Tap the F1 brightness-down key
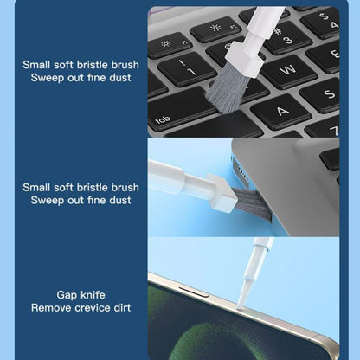coord(165,42)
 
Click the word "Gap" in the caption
coord(69,295)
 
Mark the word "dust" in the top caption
coord(118,76)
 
